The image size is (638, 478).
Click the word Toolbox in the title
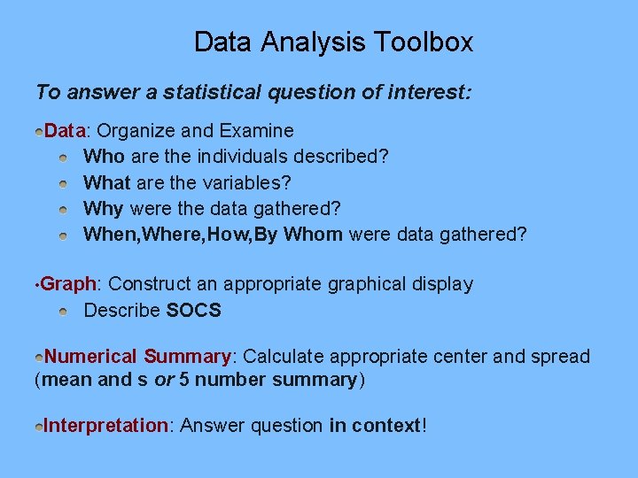[424, 42]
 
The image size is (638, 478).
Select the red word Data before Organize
[64, 131]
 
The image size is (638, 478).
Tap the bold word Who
[104, 157]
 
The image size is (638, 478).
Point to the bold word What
[106, 182]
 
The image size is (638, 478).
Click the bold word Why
[104, 208]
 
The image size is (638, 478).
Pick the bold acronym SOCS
[193, 311]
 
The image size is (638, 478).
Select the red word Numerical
[91, 357]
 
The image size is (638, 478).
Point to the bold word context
[386, 426]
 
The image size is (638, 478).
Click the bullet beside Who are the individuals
[64, 158]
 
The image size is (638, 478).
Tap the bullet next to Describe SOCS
[64, 312]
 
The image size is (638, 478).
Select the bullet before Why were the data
[64, 209]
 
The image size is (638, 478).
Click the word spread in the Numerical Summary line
[560, 357]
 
